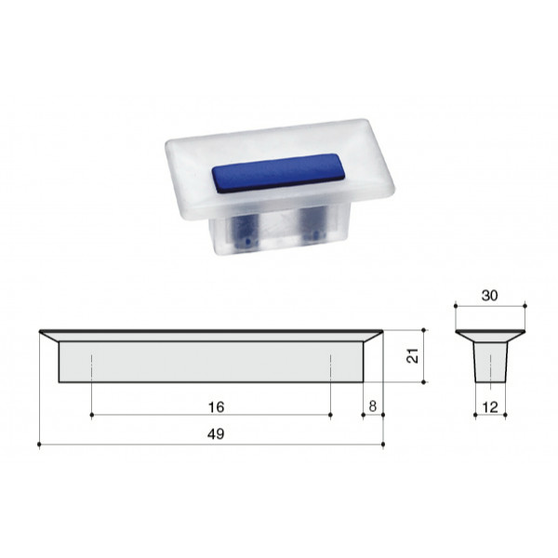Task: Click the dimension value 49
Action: pos(216,434)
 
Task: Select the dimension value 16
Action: pos(216,407)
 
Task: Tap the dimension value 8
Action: pos(373,406)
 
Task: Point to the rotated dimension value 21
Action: pos(412,355)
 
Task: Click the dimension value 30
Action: pos(490,296)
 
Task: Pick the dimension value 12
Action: pos(490,407)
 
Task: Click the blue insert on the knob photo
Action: pos(279,173)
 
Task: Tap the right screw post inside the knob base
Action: pos(313,223)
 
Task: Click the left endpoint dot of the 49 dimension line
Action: pos(39,445)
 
